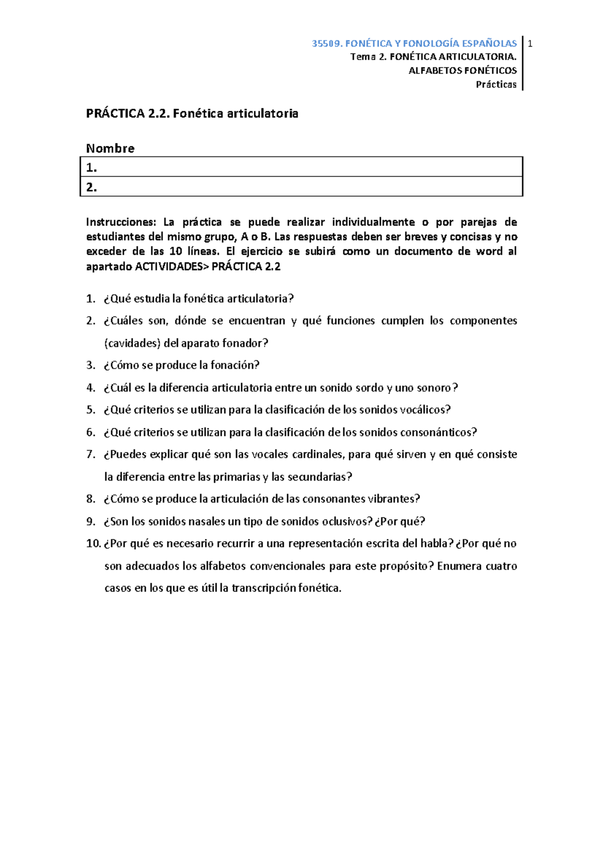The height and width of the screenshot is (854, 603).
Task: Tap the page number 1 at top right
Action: (x=530, y=44)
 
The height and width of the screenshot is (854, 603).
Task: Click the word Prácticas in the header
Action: (x=496, y=84)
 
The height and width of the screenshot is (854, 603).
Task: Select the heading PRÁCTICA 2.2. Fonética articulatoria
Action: (x=192, y=114)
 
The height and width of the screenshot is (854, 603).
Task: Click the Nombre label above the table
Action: (x=110, y=148)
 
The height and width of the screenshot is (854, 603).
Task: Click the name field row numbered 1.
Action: (x=301, y=167)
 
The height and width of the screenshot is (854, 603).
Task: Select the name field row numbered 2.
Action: (x=301, y=187)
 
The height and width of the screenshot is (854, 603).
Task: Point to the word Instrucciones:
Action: (x=121, y=222)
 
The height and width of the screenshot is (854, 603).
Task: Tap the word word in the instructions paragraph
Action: (x=489, y=251)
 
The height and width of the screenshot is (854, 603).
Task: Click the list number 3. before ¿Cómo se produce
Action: (x=90, y=366)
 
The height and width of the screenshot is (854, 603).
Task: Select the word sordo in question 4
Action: (x=369, y=388)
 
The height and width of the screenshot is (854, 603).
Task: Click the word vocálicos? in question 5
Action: (x=426, y=410)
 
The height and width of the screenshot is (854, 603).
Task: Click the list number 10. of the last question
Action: (x=93, y=544)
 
